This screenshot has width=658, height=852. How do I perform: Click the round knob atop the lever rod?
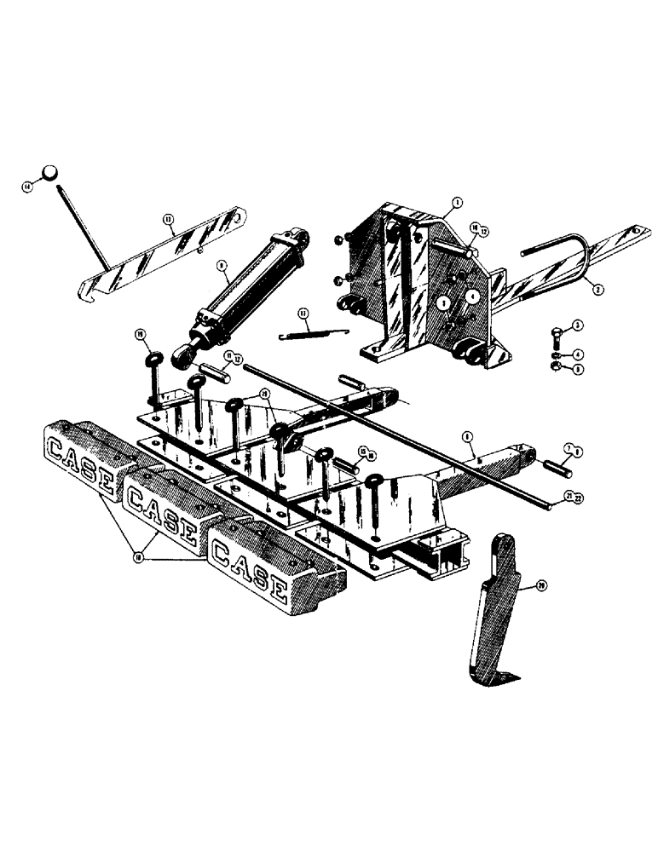point(53,172)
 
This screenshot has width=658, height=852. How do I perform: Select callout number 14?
point(28,187)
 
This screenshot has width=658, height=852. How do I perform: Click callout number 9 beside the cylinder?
point(221,267)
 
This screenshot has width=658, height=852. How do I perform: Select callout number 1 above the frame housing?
point(457,203)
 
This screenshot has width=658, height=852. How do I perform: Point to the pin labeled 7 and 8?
point(561,467)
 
